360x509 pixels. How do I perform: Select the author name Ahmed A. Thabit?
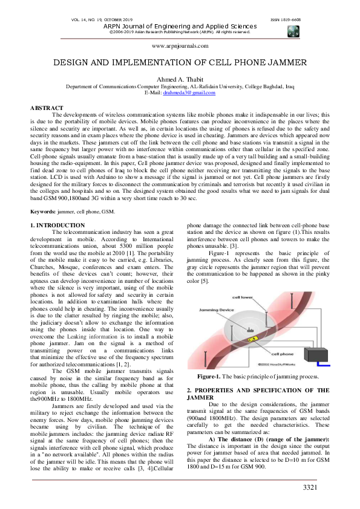(180, 79)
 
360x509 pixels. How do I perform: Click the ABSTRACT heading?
(47, 108)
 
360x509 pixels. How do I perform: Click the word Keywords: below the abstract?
(44, 212)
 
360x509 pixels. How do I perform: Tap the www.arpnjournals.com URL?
(180, 46)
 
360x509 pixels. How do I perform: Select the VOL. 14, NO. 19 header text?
(96, 20)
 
